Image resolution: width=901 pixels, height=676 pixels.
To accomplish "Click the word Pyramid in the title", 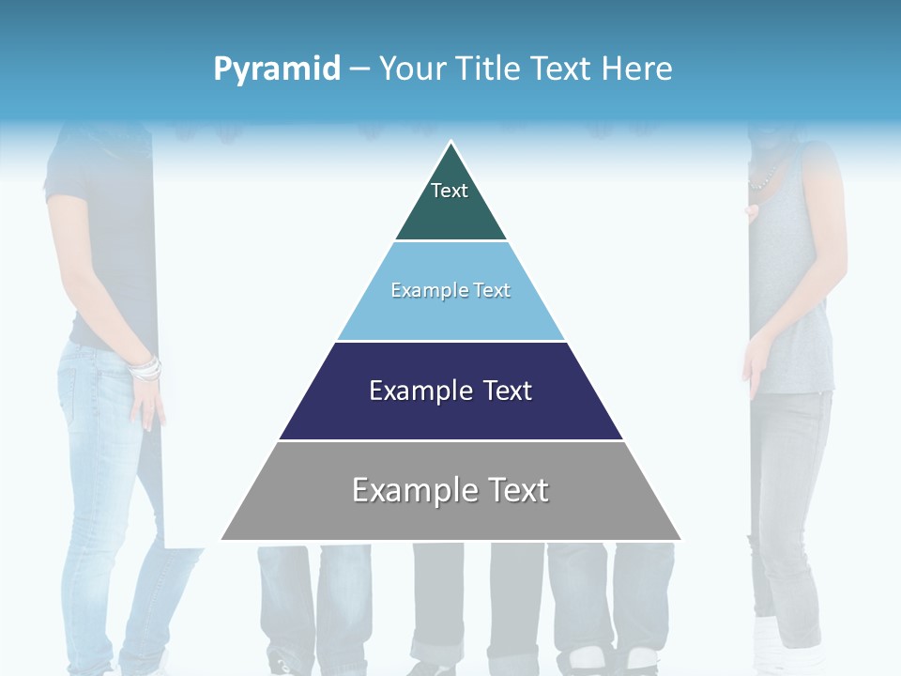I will (x=276, y=69).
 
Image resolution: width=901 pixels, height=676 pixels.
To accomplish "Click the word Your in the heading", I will (x=412, y=69).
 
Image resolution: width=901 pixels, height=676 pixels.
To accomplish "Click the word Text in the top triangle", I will (x=450, y=191).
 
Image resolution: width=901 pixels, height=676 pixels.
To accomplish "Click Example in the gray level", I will (x=413, y=491).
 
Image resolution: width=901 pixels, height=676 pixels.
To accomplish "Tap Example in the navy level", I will (x=419, y=391).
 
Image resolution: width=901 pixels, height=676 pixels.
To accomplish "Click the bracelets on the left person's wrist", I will (x=145, y=368).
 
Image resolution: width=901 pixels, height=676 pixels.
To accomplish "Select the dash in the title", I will (x=359, y=69).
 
